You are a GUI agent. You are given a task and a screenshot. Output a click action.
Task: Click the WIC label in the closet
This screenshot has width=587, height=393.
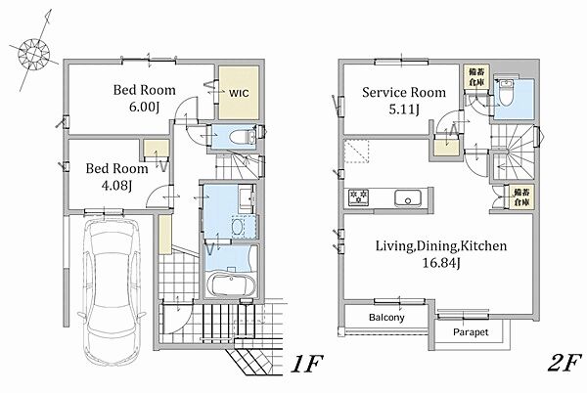[x=239, y=93]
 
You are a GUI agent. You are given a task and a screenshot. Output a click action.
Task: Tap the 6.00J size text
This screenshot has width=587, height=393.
[x=145, y=108]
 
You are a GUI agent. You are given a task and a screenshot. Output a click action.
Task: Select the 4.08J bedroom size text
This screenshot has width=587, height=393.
[x=116, y=186]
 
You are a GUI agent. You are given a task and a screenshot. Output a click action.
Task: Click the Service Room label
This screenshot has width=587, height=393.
[x=404, y=92]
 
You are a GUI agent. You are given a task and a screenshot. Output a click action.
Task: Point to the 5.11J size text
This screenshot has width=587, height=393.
[x=404, y=109]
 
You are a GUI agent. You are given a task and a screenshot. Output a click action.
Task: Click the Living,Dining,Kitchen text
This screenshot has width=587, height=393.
[x=441, y=246]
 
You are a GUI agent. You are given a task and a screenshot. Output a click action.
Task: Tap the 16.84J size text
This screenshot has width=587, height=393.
[x=441, y=263]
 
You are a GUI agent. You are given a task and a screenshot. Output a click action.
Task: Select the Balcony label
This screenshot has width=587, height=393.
[x=386, y=318]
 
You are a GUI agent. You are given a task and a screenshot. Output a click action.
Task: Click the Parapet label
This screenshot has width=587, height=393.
[x=471, y=332]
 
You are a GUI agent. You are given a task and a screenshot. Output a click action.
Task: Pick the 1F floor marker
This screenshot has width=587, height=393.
[x=306, y=363]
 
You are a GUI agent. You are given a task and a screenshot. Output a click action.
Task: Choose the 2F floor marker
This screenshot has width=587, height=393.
[x=564, y=363]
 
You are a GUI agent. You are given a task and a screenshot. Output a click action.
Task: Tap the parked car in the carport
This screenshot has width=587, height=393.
[x=112, y=291]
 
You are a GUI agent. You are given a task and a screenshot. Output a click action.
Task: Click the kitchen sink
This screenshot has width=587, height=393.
[x=408, y=197]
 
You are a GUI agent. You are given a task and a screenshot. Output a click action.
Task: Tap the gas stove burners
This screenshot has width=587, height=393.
[x=359, y=196]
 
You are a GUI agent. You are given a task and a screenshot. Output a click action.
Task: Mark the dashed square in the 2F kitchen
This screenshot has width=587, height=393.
[x=356, y=152]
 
